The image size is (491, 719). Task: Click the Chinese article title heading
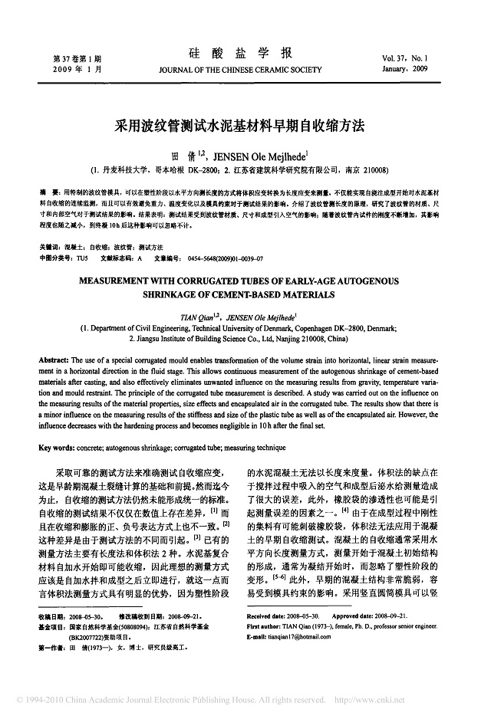[245, 123]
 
